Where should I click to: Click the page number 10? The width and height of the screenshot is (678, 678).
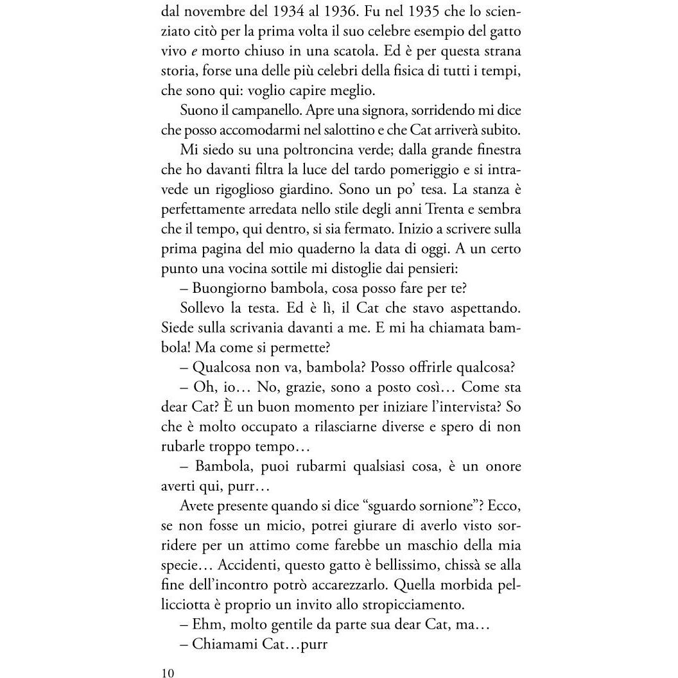click(168, 673)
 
